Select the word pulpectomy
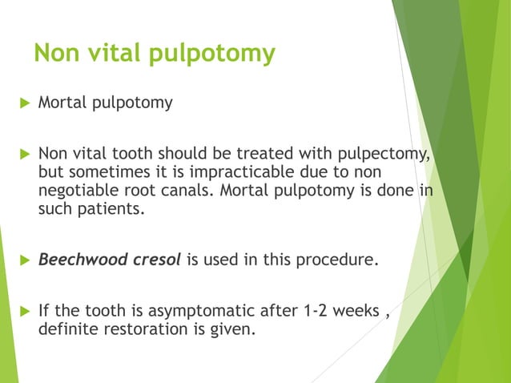(x=388, y=154)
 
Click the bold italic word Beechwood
(x=77, y=260)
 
